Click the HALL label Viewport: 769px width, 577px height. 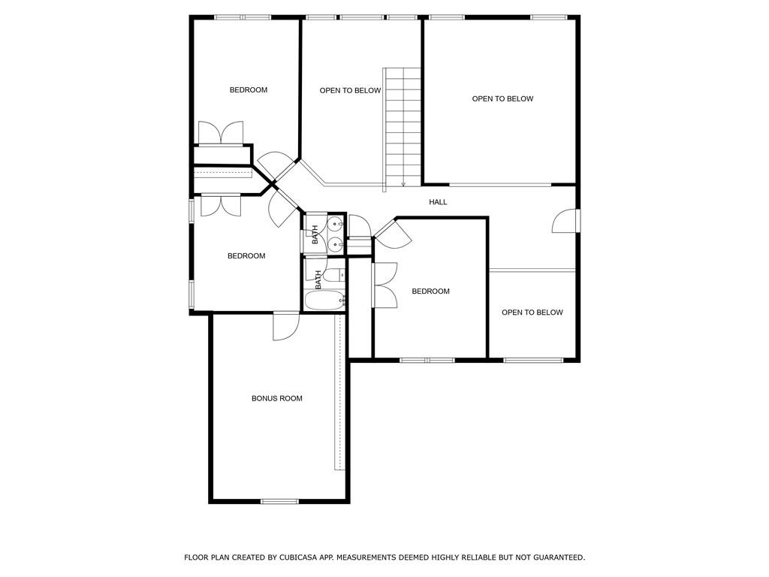[438, 201]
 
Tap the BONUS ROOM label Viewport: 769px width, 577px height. [277, 398]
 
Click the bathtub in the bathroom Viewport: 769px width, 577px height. [324, 301]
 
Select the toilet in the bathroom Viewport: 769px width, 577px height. [335, 275]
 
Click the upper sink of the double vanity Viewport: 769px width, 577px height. [336, 225]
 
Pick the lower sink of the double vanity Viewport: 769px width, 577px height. [336, 243]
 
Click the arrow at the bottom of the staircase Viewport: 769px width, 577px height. [403, 184]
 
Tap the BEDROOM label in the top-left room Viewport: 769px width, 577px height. [249, 90]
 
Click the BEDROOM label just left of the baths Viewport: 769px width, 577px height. [246, 255]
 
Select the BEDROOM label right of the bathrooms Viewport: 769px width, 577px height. [430, 291]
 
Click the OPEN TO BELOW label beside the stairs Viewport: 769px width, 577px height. [350, 90]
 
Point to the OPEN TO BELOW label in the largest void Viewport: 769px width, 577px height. [502, 98]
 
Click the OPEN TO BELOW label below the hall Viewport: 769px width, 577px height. [532, 312]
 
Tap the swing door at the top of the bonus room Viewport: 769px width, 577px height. [286, 326]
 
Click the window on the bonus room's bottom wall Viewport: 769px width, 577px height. [279, 501]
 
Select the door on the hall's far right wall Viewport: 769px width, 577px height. [565, 221]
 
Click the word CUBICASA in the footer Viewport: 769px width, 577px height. [297, 557]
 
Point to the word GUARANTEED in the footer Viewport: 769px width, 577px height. [559, 557]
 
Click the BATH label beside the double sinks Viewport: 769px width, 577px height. [315, 234]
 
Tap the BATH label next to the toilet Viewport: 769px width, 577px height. [318, 279]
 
